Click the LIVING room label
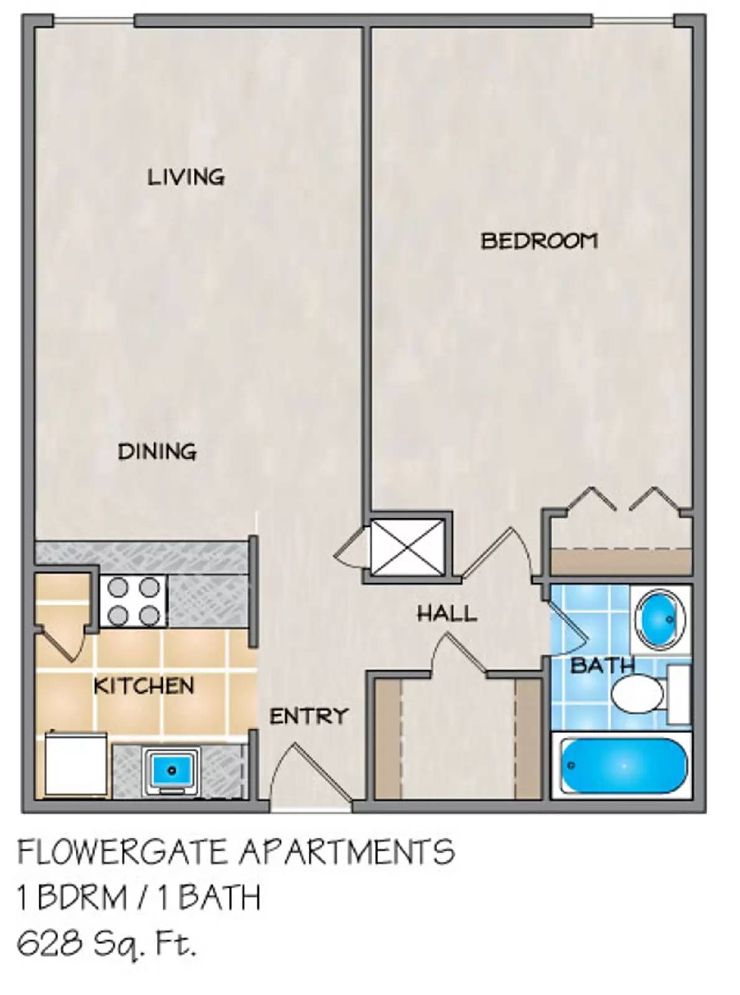click(x=186, y=177)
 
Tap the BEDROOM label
click(x=539, y=241)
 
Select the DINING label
click(x=157, y=451)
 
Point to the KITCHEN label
click(x=144, y=686)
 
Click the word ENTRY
click(x=308, y=716)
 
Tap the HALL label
click(x=446, y=614)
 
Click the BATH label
click(x=601, y=665)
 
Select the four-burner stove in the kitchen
click(x=133, y=601)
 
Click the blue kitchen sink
click(x=172, y=771)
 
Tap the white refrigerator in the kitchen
click(x=76, y=765)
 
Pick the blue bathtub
click(x=623, y=766)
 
